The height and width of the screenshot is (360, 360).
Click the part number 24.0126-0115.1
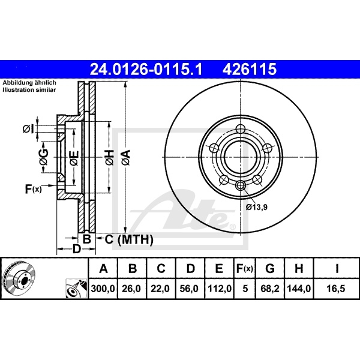click(146, 69)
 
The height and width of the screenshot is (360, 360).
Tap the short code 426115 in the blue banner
click(250, 69)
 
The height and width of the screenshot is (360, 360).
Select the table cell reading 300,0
click(103, 289)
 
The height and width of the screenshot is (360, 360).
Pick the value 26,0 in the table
click(131, 289)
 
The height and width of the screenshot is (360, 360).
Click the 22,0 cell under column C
click(160, 289)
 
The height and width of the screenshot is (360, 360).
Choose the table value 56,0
click(189, 289)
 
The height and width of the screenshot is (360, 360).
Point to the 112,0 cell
click(220, 289)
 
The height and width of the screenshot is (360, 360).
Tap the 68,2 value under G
click(270, 289)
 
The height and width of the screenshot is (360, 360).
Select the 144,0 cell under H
click(299, 289)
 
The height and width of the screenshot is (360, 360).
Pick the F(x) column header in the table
click(245, 268)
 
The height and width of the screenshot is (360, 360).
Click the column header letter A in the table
click(103, 268)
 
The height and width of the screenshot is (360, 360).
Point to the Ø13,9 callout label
click(256, 208)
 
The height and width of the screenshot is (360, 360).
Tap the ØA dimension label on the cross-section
click(126, 157)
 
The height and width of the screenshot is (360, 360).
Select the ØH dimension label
click(110, 157)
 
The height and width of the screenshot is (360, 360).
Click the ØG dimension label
click(44, 157)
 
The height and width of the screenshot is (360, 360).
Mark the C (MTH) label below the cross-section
click(129, 239)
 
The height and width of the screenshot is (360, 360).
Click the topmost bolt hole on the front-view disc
click(240, 129)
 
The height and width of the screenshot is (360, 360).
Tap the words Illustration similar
click(29, 90)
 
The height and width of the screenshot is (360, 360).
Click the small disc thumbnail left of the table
click(19, 278)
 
